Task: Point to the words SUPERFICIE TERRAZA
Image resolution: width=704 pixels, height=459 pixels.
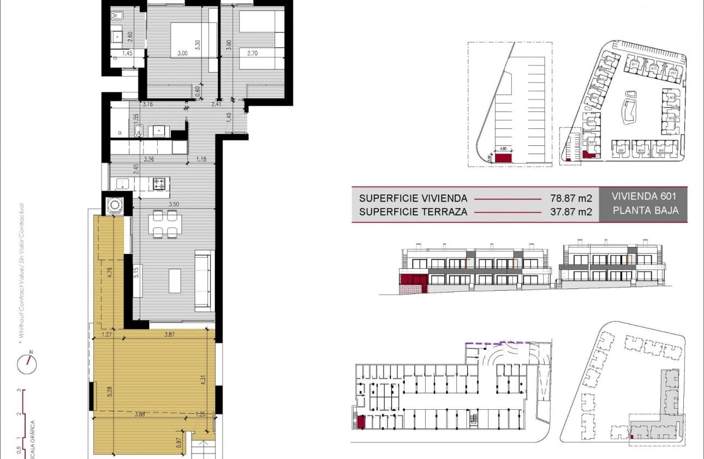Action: (x=413, y=212)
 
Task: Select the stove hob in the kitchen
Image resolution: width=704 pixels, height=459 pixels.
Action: (x=159, y=184)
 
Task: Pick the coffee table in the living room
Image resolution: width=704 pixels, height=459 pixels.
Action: (x=175, y=280)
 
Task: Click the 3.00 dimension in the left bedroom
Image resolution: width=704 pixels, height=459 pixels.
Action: (x=182, y=54)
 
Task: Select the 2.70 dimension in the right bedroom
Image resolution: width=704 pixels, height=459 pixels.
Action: (x=252, y=54)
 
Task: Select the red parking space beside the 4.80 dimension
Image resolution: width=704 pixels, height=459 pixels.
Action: (x=503, y=158)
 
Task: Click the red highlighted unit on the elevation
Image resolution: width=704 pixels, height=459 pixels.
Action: (x=413, y=280)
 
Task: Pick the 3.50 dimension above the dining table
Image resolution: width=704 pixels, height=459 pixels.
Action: (x=174, y=204)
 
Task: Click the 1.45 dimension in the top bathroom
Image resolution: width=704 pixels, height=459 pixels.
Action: (x=127, y=54)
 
